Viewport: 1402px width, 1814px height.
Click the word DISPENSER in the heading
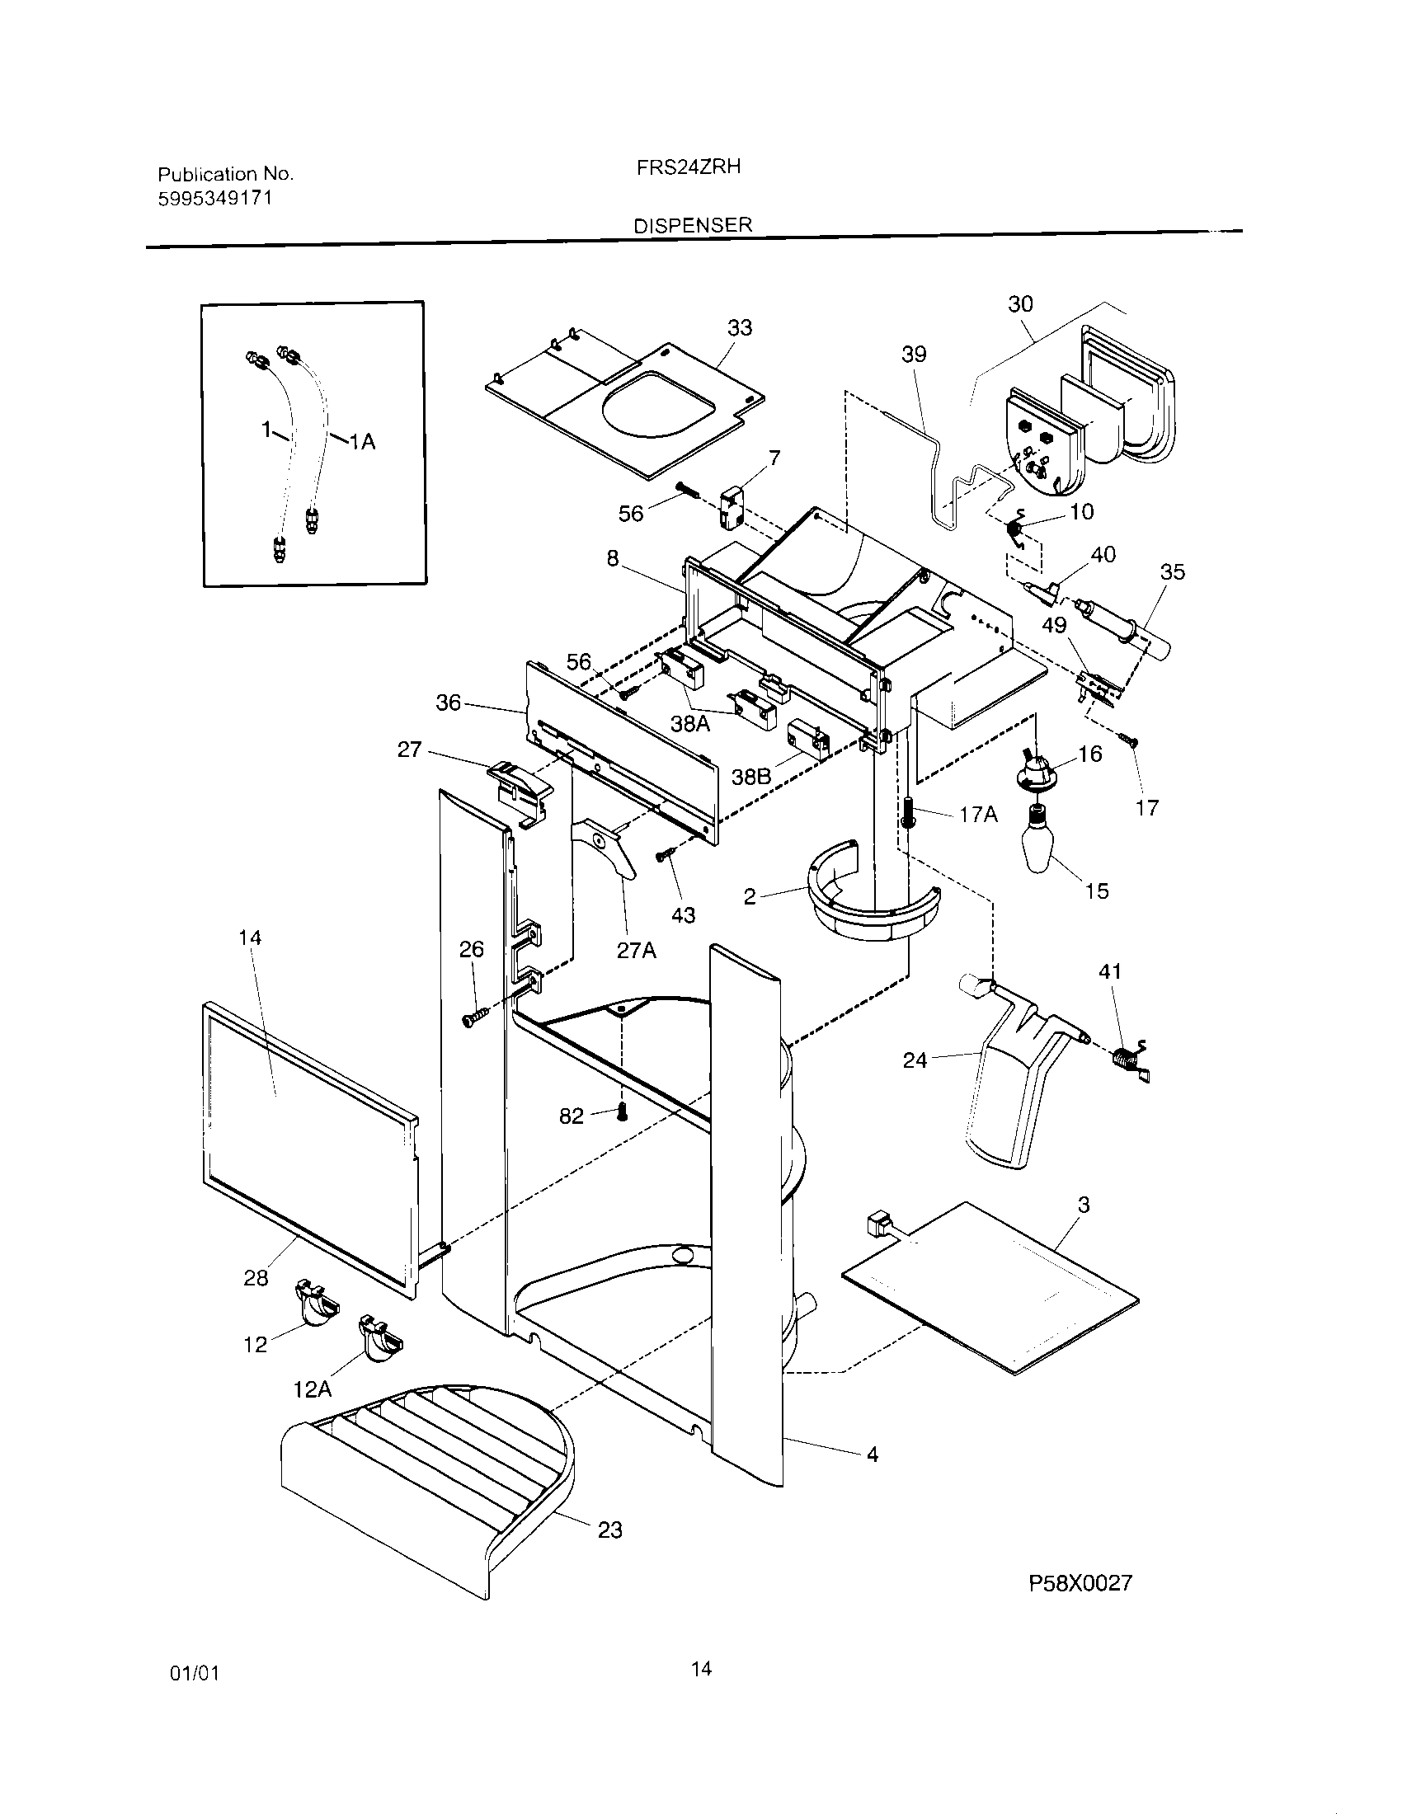pos(693,225)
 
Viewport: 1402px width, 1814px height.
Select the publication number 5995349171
pos(215,199)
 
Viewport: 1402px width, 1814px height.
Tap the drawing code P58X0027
pos(1080,1583)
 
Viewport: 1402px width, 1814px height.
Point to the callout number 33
pos(739,328)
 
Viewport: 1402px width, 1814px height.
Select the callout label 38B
pos(751,777)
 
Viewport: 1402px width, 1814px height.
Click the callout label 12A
pos(313,1389)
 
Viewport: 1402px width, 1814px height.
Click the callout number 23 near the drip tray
pos(609,1530)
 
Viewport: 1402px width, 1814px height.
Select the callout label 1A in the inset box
pos(361,443)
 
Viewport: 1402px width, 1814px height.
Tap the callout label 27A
pos(636,950)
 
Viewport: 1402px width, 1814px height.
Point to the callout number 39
pos(914,355)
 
